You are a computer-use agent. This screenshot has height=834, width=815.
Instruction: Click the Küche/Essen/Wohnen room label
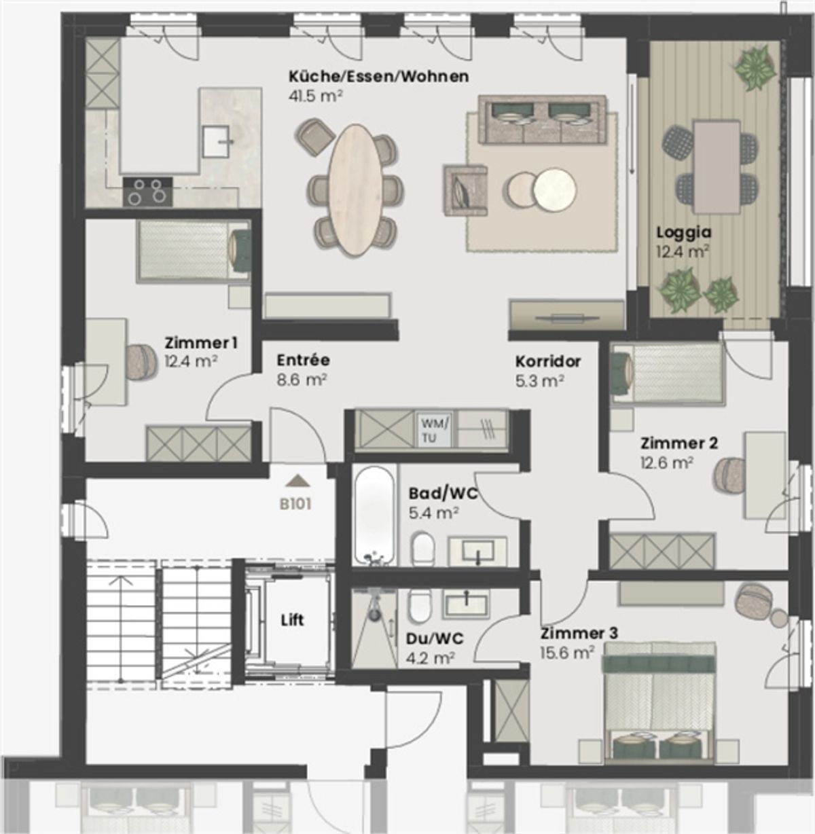(x=378, y=77)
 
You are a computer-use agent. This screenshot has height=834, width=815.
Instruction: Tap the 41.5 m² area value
(x=315, y=96)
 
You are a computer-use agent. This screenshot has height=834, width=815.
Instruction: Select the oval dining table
(x=354, y=190)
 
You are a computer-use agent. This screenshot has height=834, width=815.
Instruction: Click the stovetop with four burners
(x=148, y=191)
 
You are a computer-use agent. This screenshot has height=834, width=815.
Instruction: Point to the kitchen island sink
(x=218, y=141)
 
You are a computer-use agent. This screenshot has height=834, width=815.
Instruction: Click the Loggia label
(x=684, y=233)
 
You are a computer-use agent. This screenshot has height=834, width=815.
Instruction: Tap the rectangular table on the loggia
(x=717, y=166)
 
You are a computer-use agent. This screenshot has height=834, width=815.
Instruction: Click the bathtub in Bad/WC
(x=374, y=515)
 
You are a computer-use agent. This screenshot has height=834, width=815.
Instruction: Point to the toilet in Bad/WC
(x=423, y=549)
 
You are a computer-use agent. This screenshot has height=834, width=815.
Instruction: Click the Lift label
(x=292, y=620)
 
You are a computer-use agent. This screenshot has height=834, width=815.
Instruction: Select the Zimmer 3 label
(x=579, y=634)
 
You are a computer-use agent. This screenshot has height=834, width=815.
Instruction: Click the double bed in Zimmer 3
(x=660, y=702)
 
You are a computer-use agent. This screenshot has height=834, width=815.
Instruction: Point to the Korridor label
(x=547, y=362)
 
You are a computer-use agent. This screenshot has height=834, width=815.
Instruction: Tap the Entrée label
(x=303, y=360)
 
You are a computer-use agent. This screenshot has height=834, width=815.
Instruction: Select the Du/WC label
(x=435, y=639)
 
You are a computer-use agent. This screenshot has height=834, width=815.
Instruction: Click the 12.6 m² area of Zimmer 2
(x=666, y=463)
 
